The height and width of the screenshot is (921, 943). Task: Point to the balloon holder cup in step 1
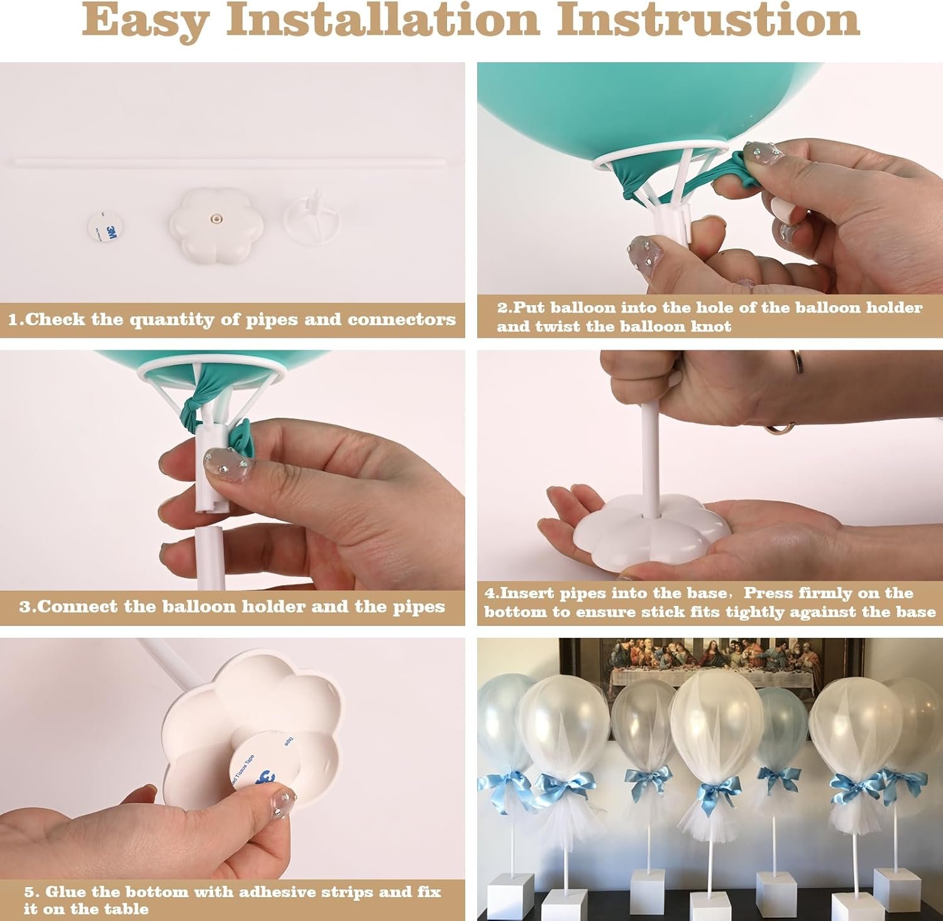pos(312,217)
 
